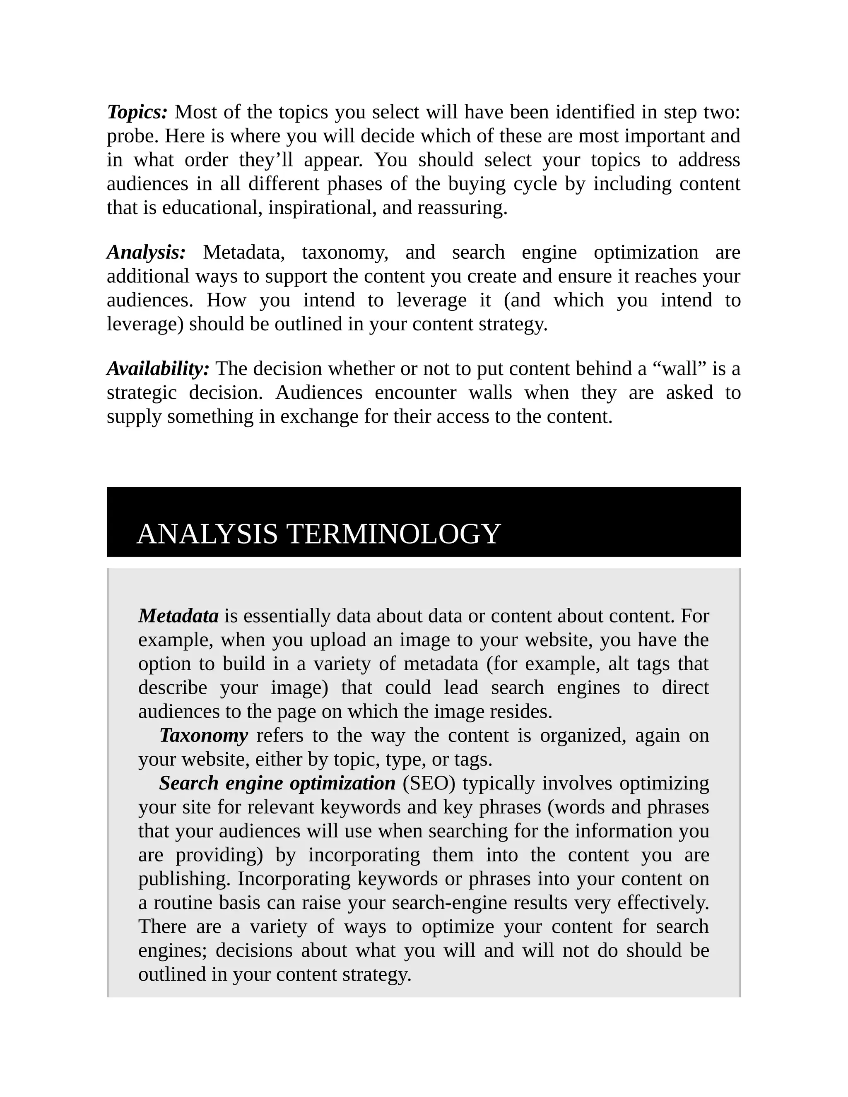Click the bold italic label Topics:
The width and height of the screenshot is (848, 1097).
(137, 112)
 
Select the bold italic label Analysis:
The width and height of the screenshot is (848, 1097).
(146, 252)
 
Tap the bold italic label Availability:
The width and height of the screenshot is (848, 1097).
(158, 369)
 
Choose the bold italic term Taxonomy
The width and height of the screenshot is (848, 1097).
(203, 735)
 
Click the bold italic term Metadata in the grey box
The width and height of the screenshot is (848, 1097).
(178, 616)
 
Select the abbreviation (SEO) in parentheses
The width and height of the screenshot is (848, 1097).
(429, 783)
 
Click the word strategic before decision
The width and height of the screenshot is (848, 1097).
(142, 393)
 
